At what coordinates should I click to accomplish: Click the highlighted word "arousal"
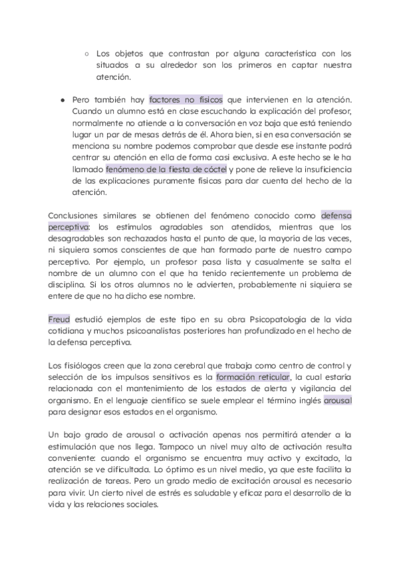(338, 402)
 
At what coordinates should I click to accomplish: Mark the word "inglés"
(305, 402)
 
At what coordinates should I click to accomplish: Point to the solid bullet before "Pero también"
(62, 98)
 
